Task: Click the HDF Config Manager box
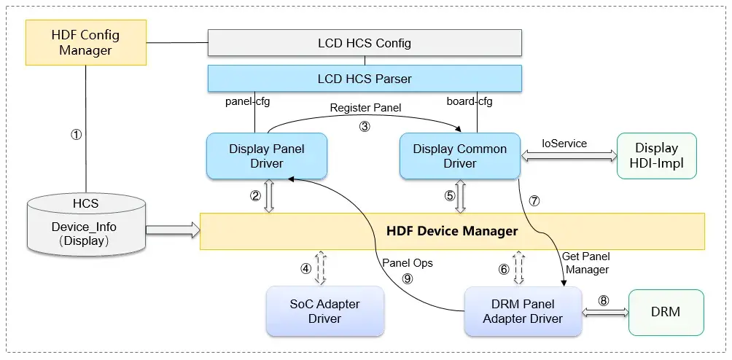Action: (x=85, y=43)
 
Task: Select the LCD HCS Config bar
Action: (x=365, y=43)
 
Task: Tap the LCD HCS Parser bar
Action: (x=365, y=78)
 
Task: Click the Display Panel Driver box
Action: (x=267, y=156)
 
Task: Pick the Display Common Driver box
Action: (x=459, y=156)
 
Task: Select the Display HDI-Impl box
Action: (x=656, y=156)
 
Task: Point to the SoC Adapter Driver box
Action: (x=325, y=311)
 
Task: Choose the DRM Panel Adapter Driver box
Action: (x=523, y=311)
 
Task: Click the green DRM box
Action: (x=666, y=311)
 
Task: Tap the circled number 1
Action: (x=75, y=135)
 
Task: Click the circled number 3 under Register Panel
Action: (x=365, y=125)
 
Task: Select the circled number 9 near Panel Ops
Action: (x=407, y=278)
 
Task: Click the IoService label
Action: (x=564, y=144)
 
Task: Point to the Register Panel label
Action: (x=365, y=107)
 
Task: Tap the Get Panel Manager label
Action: (x=585, y=263)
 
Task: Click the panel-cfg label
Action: (x=246, y=102)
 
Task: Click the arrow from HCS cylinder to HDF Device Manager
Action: (x=173, y=230)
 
